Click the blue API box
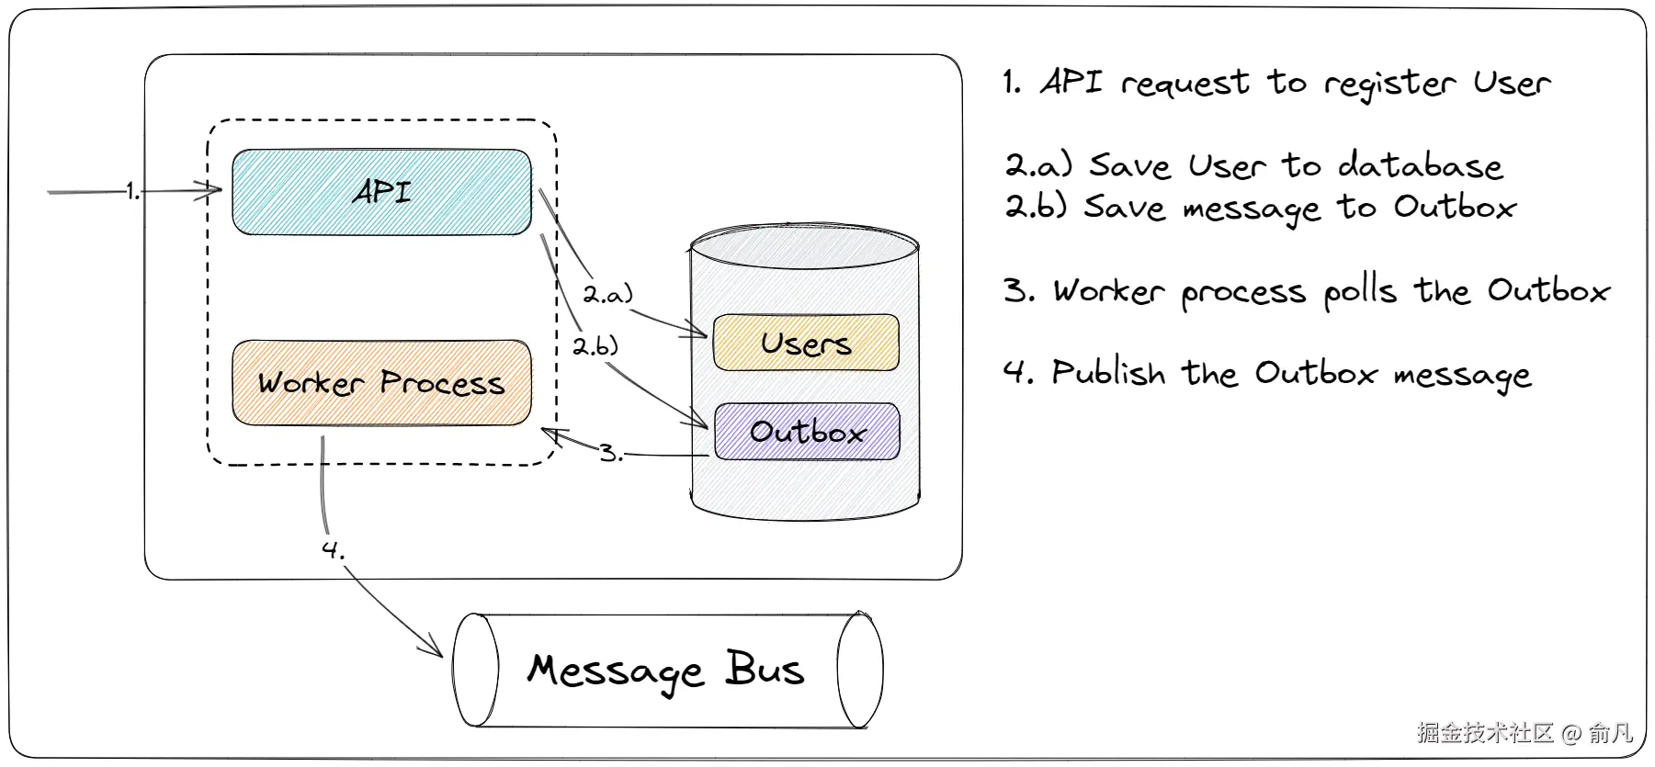(x=381, y=192)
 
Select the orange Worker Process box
(x=381, y=382)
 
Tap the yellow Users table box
(x=806, y=343)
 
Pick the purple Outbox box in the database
(x=806, y=431)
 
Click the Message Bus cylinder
(x=668, y=670)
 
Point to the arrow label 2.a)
(x=608, y=294)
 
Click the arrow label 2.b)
(x=595, y=346)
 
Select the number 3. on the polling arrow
(x=611, y=453)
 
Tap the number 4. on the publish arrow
(x=333, y=549)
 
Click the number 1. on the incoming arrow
(x=133, y=191)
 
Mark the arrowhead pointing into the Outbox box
(x=698, y=421)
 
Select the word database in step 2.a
(x=1421, y=165)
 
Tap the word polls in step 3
(x=1361, y=292)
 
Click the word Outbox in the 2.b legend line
(x=1455, y=207)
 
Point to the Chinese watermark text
(x=1525, y=732)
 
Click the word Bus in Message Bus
(x=765, y=669)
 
